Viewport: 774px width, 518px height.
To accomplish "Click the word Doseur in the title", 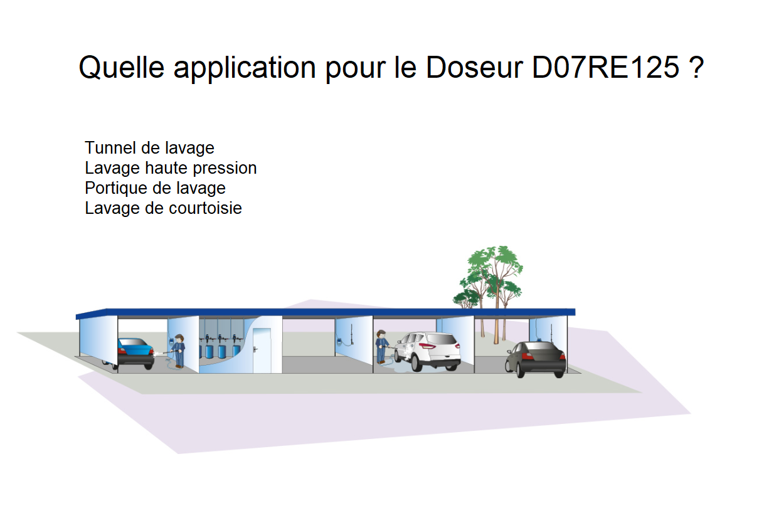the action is (474, 67).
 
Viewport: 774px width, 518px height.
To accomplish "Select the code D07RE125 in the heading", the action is (605, 67).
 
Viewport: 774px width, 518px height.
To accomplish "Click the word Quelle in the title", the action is (121, 67).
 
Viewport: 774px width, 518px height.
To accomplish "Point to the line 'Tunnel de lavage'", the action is (149, 148).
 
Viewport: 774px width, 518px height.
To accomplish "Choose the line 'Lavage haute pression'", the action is (171, 168).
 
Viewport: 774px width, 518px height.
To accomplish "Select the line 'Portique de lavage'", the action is (155, 188).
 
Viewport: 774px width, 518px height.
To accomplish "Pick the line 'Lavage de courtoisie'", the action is (163, 208).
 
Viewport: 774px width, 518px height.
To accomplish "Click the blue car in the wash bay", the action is (133, 353).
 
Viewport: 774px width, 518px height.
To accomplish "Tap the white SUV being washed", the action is (428, 351).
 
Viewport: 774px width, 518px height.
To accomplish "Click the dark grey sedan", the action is (536, 359).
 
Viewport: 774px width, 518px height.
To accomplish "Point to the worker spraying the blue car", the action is (178, 351).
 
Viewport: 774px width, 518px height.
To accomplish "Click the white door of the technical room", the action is (262, 351).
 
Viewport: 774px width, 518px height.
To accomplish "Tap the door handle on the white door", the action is (255, 349).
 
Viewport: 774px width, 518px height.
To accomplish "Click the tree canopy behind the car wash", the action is (489, 275).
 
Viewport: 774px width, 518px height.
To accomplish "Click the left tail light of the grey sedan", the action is (526, 356).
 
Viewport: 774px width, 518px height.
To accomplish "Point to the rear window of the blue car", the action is (133, 342).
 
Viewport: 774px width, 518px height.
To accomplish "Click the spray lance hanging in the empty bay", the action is (351, 334).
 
